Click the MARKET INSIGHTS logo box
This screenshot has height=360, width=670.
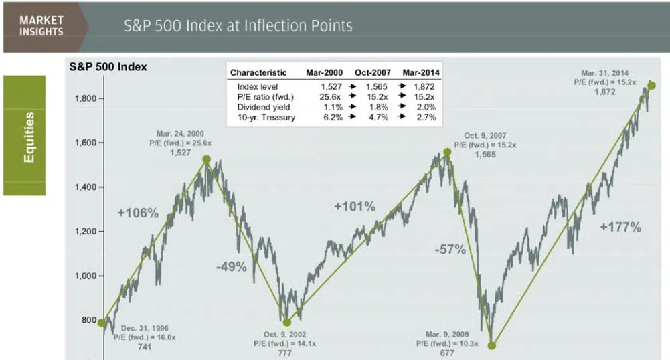coord(41,27)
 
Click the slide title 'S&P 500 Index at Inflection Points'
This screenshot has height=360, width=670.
coord(238,27)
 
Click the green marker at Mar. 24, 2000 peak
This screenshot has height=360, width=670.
coord(207,159)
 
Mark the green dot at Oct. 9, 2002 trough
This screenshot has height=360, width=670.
coord(286,322)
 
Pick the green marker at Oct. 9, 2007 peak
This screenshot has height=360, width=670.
coord(447,152)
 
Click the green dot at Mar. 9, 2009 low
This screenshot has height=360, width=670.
coord(492,345)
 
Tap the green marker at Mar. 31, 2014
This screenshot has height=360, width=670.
coord(651,86)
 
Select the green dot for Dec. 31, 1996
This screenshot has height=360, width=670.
coord(102,323)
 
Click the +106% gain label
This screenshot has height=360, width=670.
coord(138,213)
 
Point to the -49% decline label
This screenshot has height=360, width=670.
coord(232,267)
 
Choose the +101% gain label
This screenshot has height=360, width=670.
coord(354,207)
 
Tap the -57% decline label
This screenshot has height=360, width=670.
coord(450,250)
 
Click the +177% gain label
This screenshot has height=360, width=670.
coord(620,228)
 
